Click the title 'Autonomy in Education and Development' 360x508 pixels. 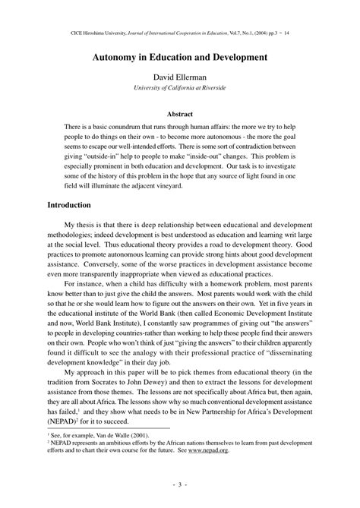coord(180,56)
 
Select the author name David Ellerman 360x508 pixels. coord(180,77)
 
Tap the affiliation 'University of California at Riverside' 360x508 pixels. coord(180,88)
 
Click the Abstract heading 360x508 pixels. coord(180,111)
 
